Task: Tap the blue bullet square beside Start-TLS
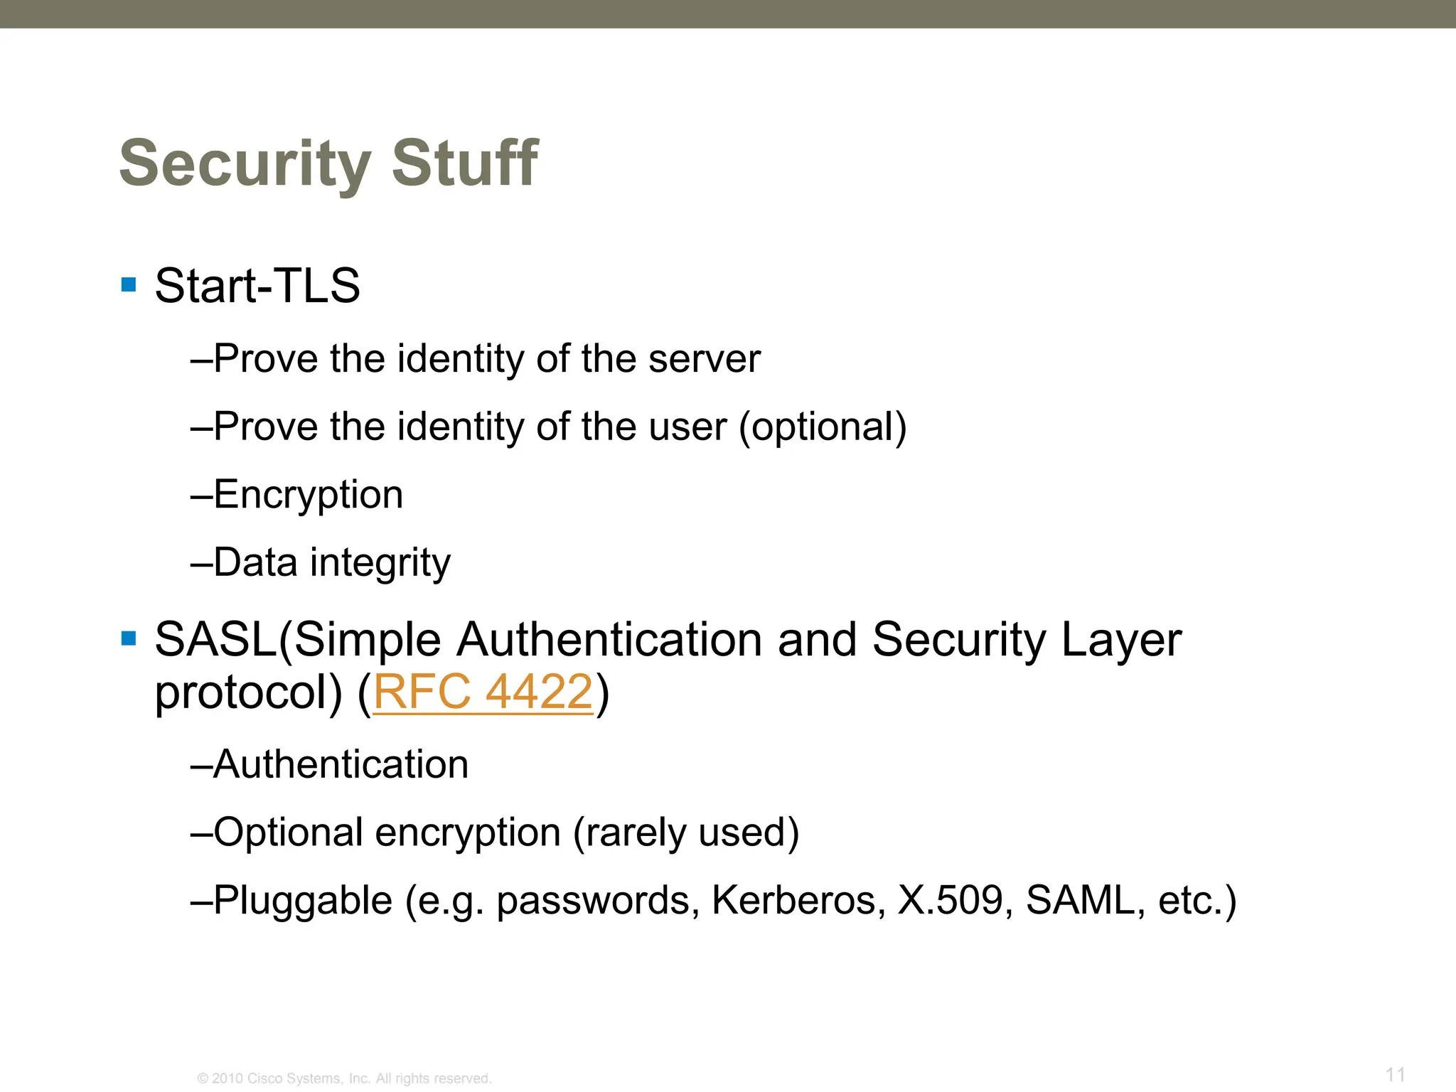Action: [x=129, y=285]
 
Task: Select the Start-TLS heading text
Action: [x=257, y=286]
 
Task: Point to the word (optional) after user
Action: [x=823, y=427]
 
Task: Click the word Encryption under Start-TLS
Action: [x=308, y=495]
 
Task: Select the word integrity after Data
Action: [x=380, y=563]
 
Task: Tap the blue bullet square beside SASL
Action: [x=129, y=638]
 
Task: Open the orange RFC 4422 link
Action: [x=483, y=692]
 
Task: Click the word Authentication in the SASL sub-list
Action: [x=341, y=764]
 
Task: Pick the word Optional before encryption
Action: [x=288, y=833]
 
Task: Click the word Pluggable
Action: [x=303, y=901]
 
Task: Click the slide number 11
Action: [x=1395, y=1074]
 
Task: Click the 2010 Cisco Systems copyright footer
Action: [x=344, y=1078]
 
